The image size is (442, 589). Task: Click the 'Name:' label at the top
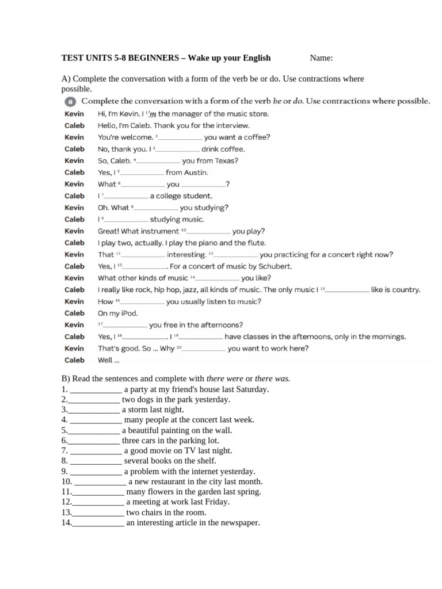[x=321, y=58]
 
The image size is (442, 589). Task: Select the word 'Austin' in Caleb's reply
[x=196, y=173]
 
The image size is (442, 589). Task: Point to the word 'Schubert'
[x=275, y=266]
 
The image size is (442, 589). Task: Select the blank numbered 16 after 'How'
[x=143, y=302]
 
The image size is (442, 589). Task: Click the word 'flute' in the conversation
[x=256, y=243]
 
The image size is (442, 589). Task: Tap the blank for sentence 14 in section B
[x=98, y=523]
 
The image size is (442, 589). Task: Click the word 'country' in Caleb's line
[x=405, y=290]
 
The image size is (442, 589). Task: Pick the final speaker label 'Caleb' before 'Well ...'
[x=74, y=361]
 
